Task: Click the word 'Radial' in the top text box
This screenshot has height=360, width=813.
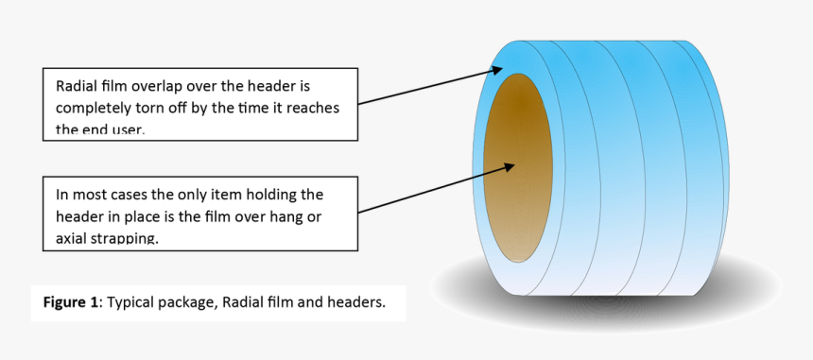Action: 78,84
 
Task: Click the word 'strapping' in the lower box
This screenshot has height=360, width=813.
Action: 126,239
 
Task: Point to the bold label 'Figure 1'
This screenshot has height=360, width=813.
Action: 71,302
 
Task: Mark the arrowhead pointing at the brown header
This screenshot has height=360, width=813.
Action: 508,166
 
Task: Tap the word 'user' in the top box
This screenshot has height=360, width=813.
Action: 123,129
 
